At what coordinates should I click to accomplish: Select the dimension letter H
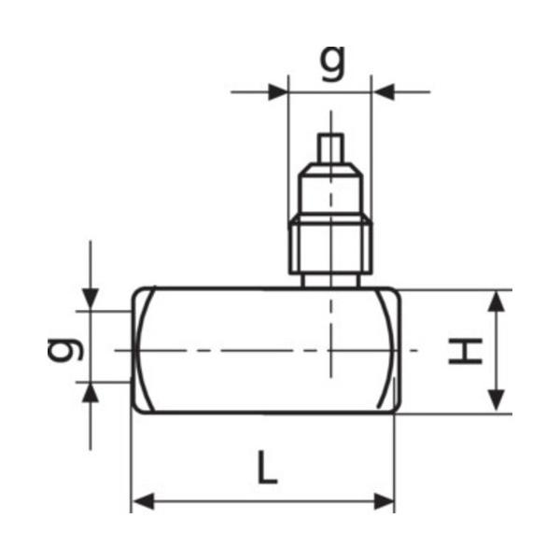464,351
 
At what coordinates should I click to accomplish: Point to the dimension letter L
267,468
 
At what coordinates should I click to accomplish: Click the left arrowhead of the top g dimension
277,91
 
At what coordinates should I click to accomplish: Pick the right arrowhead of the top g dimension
383,91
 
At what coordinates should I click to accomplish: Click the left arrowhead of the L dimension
142,502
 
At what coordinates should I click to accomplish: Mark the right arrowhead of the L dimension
385,502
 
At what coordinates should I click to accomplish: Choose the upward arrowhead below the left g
90,392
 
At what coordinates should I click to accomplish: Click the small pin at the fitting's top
330,147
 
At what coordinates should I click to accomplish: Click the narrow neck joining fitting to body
330,279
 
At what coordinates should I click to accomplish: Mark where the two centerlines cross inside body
330,350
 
